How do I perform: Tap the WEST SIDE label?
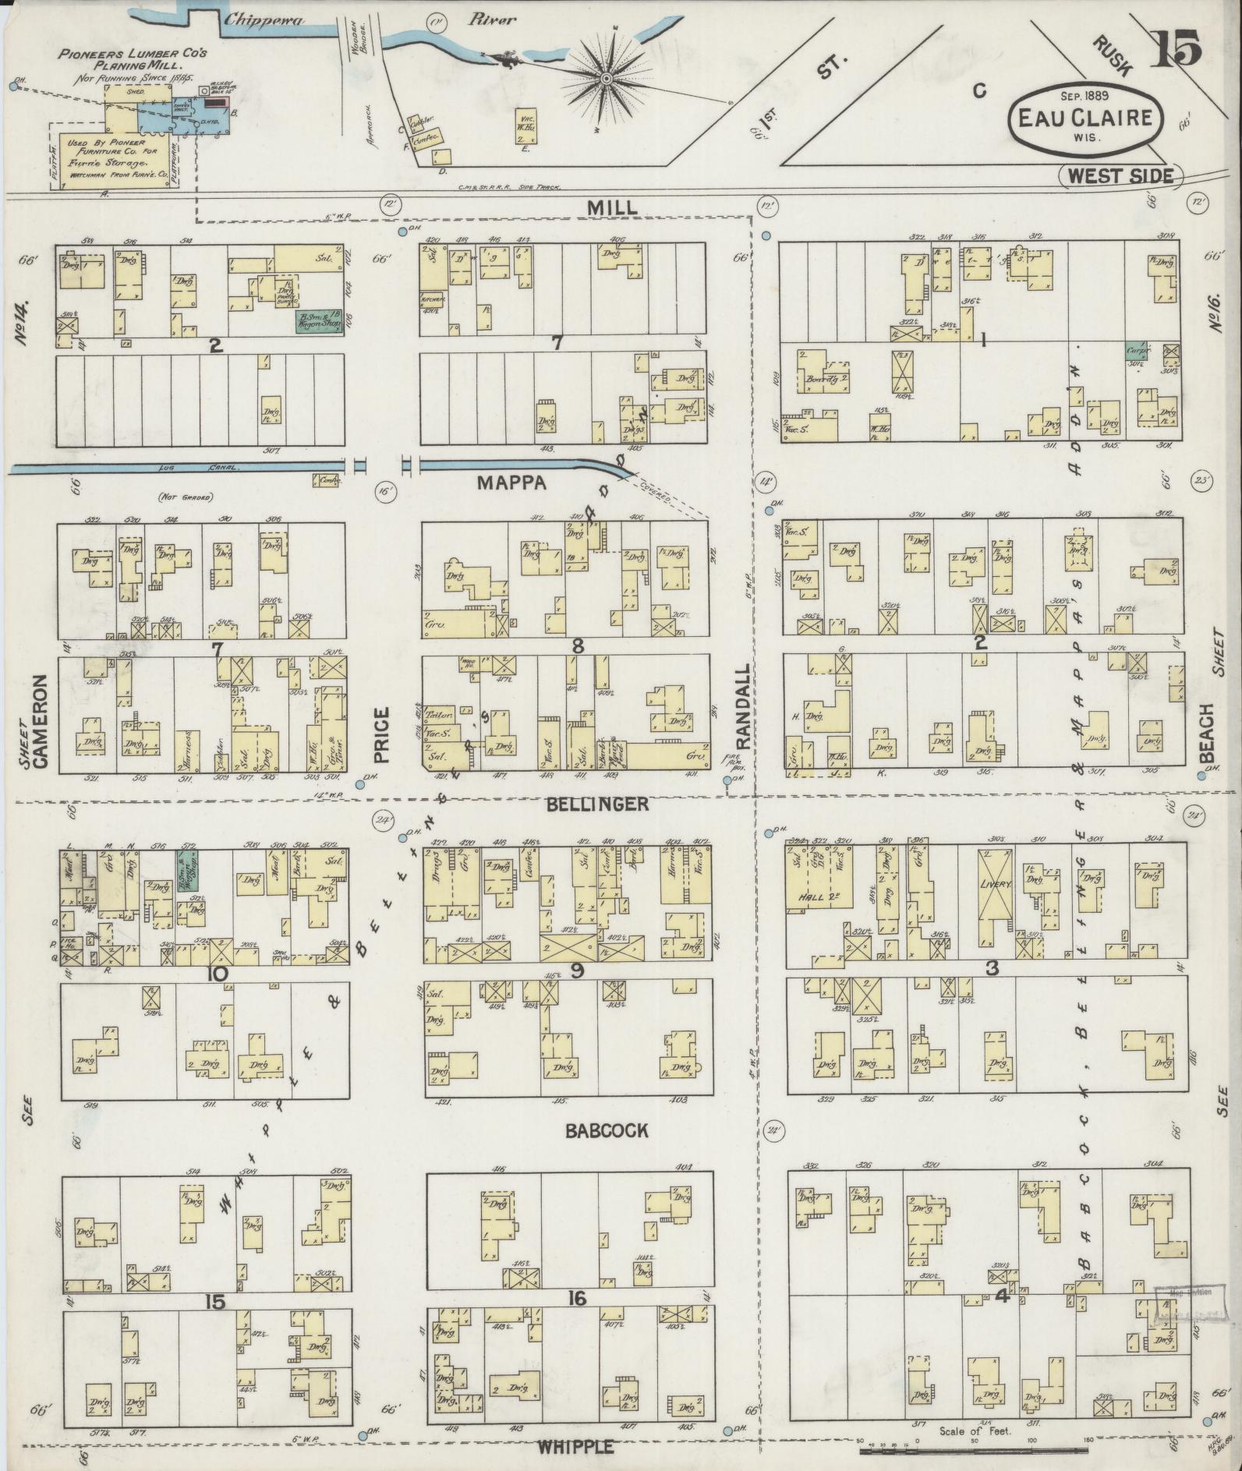[1120, 175]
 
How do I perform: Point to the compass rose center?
[606, 79]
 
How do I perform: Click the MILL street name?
[612, 207]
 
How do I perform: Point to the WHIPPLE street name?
[575, 1447]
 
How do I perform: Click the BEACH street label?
[1208, 734]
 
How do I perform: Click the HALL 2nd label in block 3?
[815, 897]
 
